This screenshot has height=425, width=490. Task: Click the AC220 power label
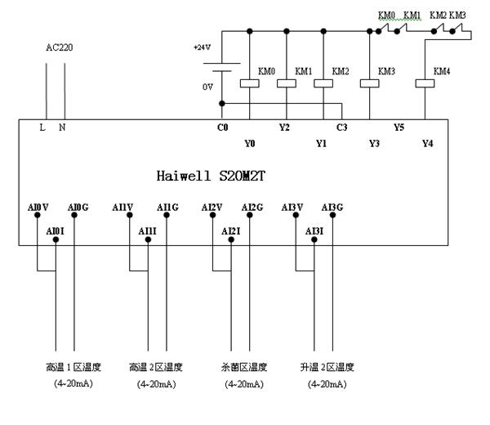pos(58,47)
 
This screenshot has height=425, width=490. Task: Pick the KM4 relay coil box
pos(424,83)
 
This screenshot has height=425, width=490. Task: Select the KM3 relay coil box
pos(366,83)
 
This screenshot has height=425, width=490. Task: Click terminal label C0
pos(222,127)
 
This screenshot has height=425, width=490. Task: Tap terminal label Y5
pos(399,127)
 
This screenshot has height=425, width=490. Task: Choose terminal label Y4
pos(426,143)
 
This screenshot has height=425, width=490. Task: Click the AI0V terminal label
pos(38,207)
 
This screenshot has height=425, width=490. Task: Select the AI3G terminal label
pos(332,207)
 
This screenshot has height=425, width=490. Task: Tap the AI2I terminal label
pos(230,232)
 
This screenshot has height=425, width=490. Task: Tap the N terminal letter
pos(62,127)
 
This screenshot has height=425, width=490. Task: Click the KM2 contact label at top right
pos(439,16)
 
